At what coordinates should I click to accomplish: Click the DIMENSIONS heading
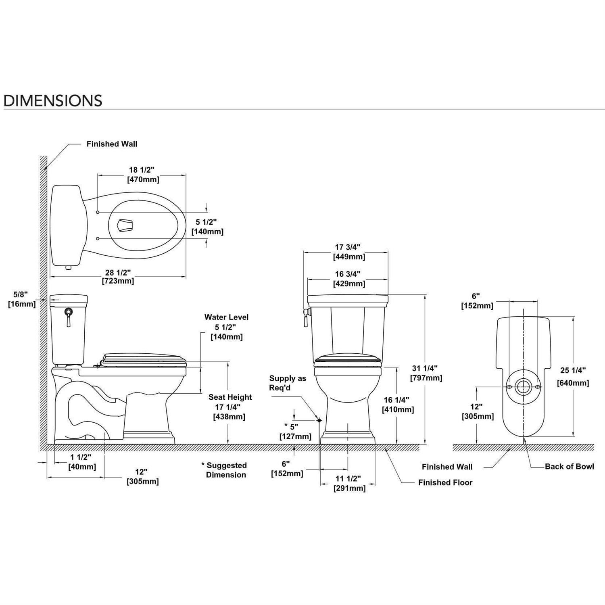[x=53, y=100]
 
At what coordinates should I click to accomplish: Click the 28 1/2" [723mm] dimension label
[x=118, y=277]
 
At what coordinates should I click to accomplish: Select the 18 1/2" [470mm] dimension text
[x=143, y=175]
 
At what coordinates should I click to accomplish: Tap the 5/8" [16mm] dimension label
[x=22, y=299]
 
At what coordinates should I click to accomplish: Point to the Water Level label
[x=226, y=317]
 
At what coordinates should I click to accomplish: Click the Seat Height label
[x=230, y=397]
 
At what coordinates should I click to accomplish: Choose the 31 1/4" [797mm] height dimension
[x=426, y=373]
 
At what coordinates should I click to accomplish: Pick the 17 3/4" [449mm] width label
[x=349, y=252]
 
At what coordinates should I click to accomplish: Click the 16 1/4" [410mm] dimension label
[x=398, y=405]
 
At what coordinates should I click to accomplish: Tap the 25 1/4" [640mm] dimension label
[x=573, y=376]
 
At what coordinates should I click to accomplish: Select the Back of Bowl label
[x=569, y=467]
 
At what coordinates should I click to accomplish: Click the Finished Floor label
[x=445, y=482]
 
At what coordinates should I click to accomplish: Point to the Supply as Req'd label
[x=288, y=383]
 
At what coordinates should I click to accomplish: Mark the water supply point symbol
[x=319, y=420]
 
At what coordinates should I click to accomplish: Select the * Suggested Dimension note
[x=225, y=470]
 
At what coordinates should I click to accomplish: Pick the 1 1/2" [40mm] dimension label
[x=81, y=462]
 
